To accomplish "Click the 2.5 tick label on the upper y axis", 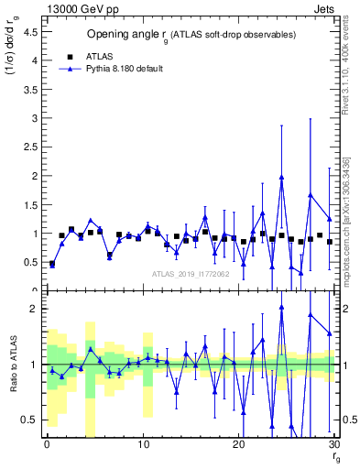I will coord(29,147).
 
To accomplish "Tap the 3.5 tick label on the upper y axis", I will coord(29,89).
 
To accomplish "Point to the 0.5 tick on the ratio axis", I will coord(29,420).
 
